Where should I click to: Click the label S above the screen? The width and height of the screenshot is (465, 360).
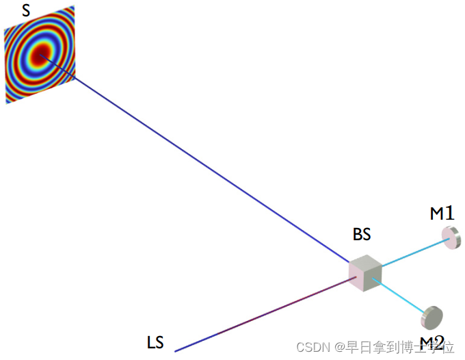click(x=26, y=11)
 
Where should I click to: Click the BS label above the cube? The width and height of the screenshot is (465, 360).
click(x=362, y=234)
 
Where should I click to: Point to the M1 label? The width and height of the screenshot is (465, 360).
click(x=442, y=214)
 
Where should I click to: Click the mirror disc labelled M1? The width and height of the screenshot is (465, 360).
click(x=451, y=237)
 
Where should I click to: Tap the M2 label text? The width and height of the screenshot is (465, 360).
click(x=432, y=343)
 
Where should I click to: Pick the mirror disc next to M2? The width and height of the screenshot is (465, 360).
click(x=432, y=317)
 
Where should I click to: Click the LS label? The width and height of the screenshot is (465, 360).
click(x=155, y=342)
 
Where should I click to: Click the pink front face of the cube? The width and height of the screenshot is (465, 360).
click(x=357, y=277)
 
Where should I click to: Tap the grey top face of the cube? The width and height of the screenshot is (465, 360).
click(x=367, y=262)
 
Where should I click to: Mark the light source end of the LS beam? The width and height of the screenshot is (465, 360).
click(x=176, y=350)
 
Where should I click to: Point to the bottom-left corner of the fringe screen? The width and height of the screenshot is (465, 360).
click(x=8, y=103)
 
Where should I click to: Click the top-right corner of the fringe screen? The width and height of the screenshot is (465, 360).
click(x=74, y=6)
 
